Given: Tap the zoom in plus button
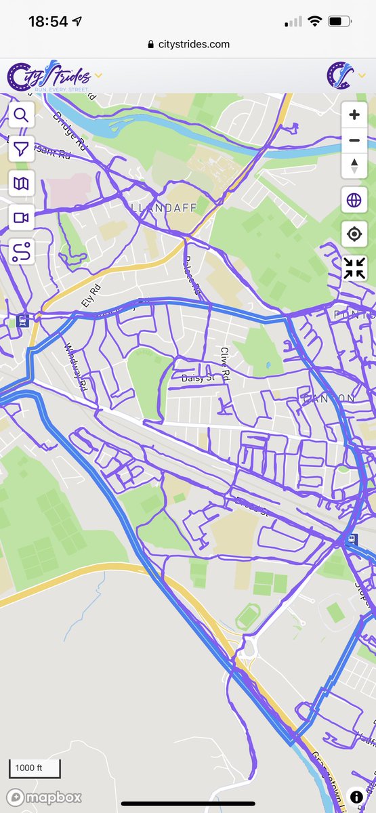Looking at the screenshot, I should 354,115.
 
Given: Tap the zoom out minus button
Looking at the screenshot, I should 354,141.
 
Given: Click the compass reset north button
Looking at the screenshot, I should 354,165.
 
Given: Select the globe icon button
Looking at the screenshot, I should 354,201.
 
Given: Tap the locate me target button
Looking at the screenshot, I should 354,234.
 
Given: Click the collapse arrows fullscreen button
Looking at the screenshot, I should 354,268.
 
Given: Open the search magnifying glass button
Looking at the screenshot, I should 22,115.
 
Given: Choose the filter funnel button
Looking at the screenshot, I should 22,149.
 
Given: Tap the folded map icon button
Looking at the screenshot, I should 22,183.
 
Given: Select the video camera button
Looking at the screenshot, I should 22,217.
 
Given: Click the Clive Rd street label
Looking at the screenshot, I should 226,364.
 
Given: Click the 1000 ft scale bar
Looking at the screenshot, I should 34,768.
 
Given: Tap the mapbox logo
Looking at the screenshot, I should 45,797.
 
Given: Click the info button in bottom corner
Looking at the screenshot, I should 356,797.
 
